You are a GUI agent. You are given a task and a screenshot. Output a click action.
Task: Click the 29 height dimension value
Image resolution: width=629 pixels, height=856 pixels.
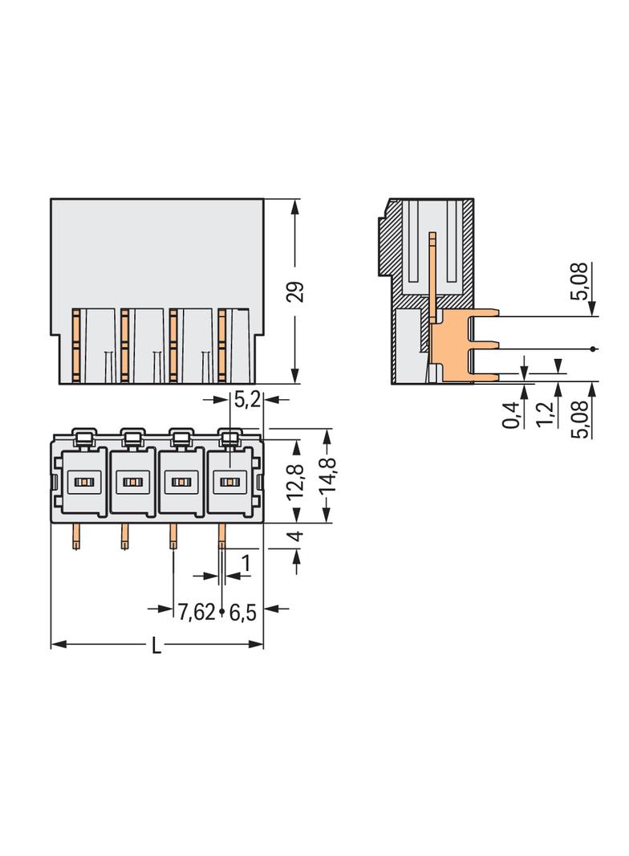coord(296,292)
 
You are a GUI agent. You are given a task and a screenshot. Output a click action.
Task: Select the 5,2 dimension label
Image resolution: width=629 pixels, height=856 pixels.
coord(246,399)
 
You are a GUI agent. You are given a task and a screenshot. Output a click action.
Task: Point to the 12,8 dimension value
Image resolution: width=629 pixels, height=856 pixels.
coord(296,480)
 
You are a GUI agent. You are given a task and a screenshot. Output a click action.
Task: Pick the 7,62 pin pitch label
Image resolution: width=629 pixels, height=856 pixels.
coord(196,613)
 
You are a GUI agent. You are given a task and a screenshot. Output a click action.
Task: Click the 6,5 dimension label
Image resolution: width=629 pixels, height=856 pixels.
coord(242,613)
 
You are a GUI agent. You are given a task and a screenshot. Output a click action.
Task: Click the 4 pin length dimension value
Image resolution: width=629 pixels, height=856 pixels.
coord(296,536)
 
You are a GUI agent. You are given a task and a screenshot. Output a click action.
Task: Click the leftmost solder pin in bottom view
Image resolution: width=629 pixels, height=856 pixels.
coord(75,536)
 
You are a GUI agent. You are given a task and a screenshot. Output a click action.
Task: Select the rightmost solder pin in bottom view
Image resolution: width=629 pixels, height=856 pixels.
coord(222,536)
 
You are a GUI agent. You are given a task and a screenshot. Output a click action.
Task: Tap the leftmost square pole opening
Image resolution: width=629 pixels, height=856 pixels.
coord(83,482)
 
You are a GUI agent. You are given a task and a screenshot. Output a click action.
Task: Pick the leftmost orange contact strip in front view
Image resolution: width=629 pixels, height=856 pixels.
coord(76,345)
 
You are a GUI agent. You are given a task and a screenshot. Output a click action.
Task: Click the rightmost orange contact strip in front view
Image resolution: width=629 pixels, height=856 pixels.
coord(221,345)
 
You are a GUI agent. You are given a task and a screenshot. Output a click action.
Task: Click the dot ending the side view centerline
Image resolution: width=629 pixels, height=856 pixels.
coord(593,349)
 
